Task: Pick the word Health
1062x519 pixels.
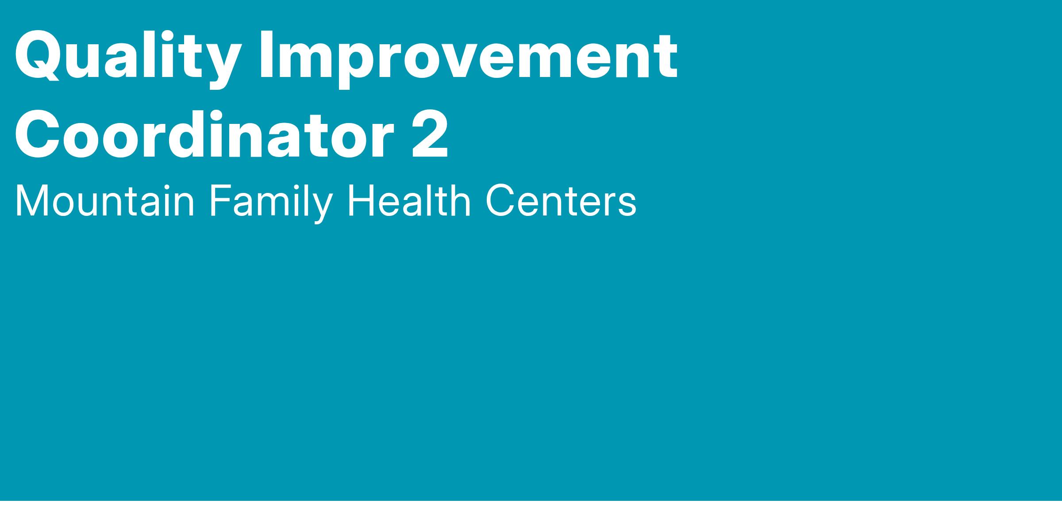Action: click(x=409, y=201)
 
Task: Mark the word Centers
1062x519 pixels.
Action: click(x=561, y=201)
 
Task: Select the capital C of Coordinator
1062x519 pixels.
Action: click(x=38, y=134)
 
